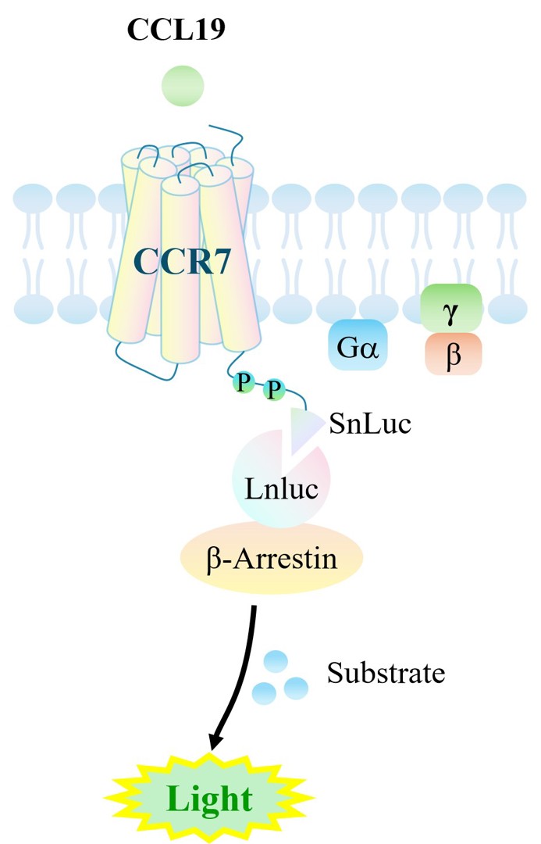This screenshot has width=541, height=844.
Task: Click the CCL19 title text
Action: click(x=176, y=29)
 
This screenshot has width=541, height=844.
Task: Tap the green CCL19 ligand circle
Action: click(x=183, y=86)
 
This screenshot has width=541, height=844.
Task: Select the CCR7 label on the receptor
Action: click(x=183, y=262)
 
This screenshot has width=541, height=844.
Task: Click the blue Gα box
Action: click(x=358, y=345)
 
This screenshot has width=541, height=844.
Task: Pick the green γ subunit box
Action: click(x=451, y=308)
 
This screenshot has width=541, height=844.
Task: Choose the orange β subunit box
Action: click(x=454, y=354)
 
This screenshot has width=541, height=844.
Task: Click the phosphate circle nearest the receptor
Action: click(x=244, y=382)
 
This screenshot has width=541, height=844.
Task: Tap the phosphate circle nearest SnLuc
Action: click(x=274, y=388)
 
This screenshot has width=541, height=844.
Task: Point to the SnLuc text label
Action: click(x=371, y=423)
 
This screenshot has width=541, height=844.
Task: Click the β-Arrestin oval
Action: click(x=272, y=558)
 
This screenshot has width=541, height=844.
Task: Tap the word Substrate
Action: click(x=386, y=673)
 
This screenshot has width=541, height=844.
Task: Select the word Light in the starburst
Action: click(x=210, y=798)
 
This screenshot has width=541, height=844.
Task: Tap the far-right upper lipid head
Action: click(x=507, y=197)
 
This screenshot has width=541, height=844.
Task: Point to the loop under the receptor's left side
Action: click(x=145, y=365)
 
